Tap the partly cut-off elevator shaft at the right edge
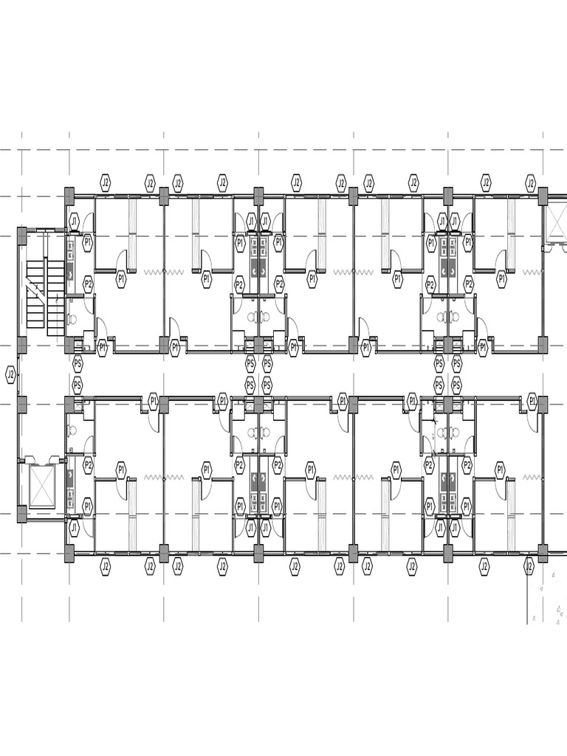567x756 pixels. (x=555, y=221)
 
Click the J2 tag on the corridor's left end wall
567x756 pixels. (x=10, y=374)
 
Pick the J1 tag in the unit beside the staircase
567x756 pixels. (x=74, y=221)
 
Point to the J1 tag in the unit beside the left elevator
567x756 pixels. (x=74, y=528)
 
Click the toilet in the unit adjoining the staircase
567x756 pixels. (x=73, y=319)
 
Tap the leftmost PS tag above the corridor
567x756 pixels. (x=77, y=362)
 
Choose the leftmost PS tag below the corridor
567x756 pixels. (x=77, y=385)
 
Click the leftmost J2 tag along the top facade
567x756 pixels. (x=105, y=183)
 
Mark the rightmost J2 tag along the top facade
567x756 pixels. (x=531, y=183)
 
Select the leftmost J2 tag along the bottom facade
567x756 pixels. (x=105, y=566)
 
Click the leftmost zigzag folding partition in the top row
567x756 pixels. (x=164, y=272)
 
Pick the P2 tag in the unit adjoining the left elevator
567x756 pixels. (x=88, y=466)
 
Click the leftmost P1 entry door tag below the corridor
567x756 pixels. (x=154, y=401)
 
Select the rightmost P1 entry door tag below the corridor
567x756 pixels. (x=533, y=401)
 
